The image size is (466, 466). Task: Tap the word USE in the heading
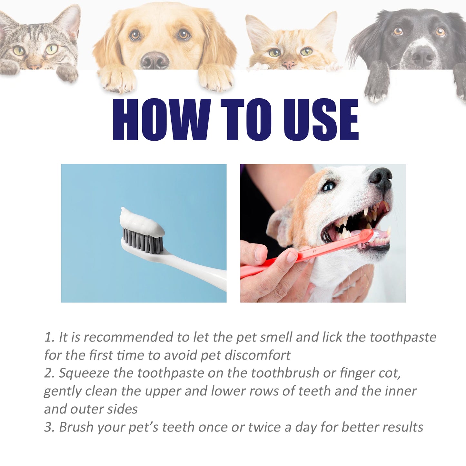click(321, 120)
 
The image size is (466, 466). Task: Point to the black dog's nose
click(423, 56)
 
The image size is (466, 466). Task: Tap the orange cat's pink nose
click(289, 64)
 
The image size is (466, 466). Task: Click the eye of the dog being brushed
click(329, 186)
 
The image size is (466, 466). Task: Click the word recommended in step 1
click(128, 337)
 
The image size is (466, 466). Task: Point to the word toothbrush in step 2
click(285, 373)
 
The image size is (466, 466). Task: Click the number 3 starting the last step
click(48, 427)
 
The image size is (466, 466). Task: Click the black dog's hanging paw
click(377, 85)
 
